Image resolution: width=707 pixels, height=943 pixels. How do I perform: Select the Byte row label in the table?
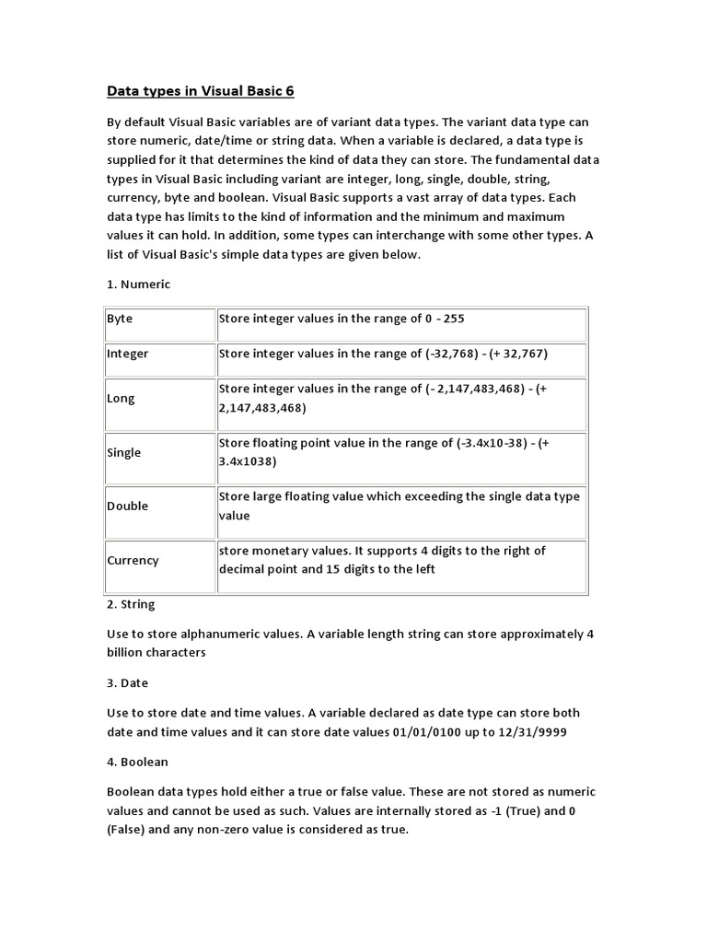[x=120, y=319]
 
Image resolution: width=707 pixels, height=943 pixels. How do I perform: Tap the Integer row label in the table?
[x=127, y=354]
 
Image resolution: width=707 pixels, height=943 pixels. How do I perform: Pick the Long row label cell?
[x=121, y=399]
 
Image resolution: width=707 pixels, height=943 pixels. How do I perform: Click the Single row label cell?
[x=123, y=452]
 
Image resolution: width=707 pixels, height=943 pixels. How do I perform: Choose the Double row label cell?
[x=127, y=506]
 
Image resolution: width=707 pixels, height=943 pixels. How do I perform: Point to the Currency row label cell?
[x=133, y=560]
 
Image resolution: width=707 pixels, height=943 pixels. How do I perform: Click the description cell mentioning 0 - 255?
[x=400, y=319]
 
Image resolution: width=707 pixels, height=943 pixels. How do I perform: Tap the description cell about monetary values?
[x=400, y=560]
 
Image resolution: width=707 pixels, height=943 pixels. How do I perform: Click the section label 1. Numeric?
[x=138, y=285]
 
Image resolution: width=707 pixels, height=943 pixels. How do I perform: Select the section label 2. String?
[x=131, y=604]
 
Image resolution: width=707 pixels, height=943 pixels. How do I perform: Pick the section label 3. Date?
[x=127, y=683]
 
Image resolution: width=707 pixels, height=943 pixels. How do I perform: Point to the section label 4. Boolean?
[x=137, y=763]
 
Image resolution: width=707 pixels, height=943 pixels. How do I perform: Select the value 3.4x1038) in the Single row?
[x=248, y=461]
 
